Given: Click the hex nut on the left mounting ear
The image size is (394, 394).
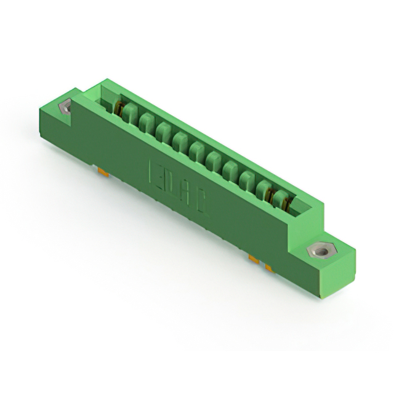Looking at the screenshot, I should pos(65,108).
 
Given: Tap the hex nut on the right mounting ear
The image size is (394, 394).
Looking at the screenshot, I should pos(318,251).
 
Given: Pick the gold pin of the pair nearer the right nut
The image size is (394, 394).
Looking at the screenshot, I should pos(269,267).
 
